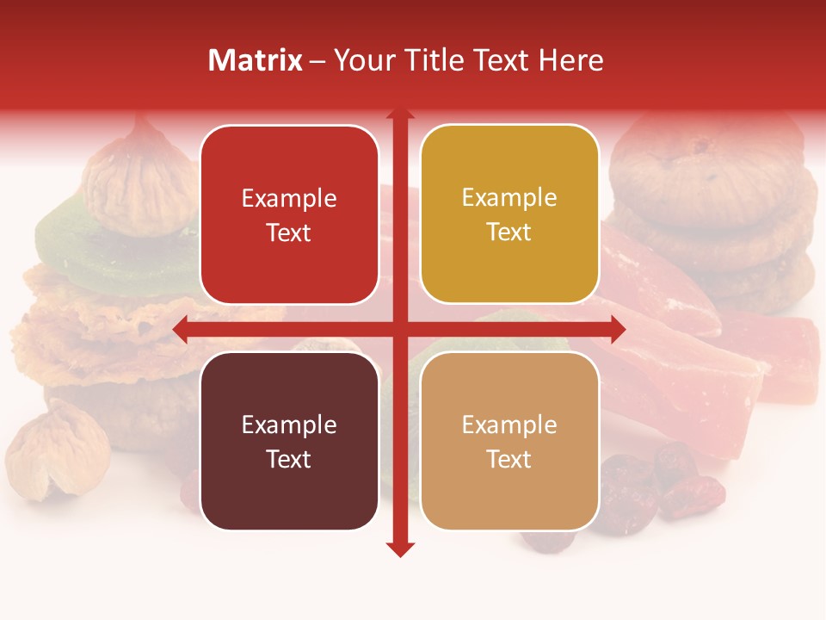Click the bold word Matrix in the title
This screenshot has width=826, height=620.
tap(256, 60)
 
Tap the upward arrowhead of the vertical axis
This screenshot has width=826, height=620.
tap(400, 115)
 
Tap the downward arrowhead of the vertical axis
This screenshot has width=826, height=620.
tap(400, 549)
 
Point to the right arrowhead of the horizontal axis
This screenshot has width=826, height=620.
tap(617, 328)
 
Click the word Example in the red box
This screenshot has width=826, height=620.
tap(289, 199)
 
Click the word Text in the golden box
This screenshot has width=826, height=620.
tap(509, 232)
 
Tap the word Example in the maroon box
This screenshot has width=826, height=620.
tap(289, 425)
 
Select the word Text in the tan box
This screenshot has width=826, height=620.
tap(509, 459)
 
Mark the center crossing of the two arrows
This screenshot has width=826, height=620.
tap(400, 328)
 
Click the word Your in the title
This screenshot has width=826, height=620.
tap(364, 60)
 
